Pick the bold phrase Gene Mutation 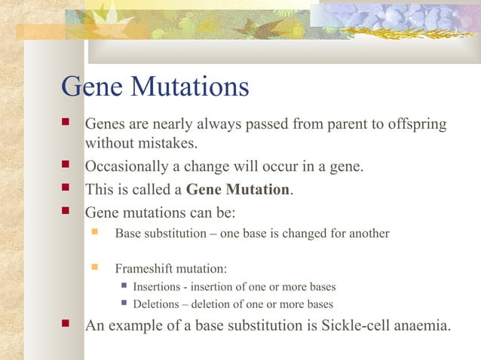click(237, 189)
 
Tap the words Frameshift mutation click(170, 268)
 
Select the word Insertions click(158, 287)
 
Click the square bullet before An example click(67, 325)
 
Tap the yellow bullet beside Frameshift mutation click(95, 267)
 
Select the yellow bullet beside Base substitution click(95, 233)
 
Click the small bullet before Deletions click(124, 304)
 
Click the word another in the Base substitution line click(369, 233)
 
